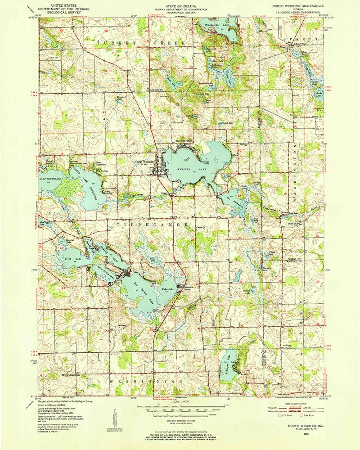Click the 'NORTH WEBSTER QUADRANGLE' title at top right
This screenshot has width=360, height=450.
tap(298, 6)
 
